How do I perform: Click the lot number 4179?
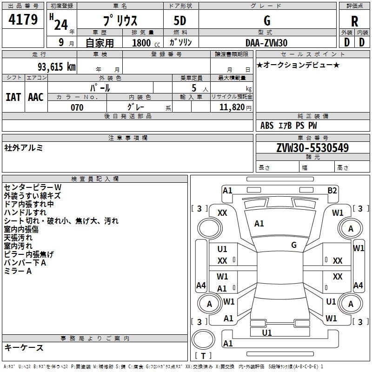(23, 20)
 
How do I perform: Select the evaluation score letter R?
(354, 21)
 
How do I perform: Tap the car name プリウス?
(120, 21)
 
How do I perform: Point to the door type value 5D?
(180, 21)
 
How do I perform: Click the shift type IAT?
(13, 97)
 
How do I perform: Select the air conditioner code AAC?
(35, 97)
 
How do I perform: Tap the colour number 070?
(77, 107)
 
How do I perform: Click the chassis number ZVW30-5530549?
(312, 148)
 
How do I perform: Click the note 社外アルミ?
(23, 148)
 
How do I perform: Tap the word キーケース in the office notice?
(24, 348)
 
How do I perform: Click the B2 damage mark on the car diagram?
(332, 190)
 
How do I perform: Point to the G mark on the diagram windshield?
(294, 245)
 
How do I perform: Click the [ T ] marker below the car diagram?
(203, 356)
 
